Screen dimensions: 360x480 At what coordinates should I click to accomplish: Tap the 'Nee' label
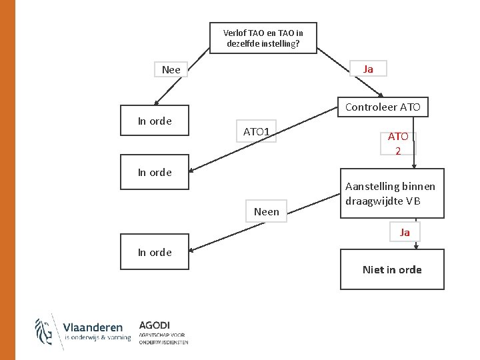point(171,69)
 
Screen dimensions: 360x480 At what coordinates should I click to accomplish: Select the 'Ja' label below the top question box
point(368,69)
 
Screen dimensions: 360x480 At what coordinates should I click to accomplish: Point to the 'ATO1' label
point(256,131)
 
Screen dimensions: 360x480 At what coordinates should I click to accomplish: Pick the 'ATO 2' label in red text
point(398,143)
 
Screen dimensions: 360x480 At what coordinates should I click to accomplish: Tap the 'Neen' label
point(267,211)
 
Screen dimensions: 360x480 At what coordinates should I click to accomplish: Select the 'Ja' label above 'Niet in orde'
point(405,232)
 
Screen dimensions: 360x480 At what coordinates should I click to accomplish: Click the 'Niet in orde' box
point(392,269)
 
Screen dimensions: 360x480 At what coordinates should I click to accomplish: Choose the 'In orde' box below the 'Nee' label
point(155,121)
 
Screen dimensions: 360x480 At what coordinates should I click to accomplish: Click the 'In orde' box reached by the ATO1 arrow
point(155,172)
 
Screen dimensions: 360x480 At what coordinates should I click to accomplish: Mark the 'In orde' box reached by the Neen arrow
point(155,252)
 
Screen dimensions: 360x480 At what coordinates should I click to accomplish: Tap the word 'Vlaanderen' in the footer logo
point(93,327)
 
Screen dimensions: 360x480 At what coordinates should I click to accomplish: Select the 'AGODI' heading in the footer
point(155,325)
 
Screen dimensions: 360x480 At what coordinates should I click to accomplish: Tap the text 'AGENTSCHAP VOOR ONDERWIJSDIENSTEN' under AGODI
point(163,339)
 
